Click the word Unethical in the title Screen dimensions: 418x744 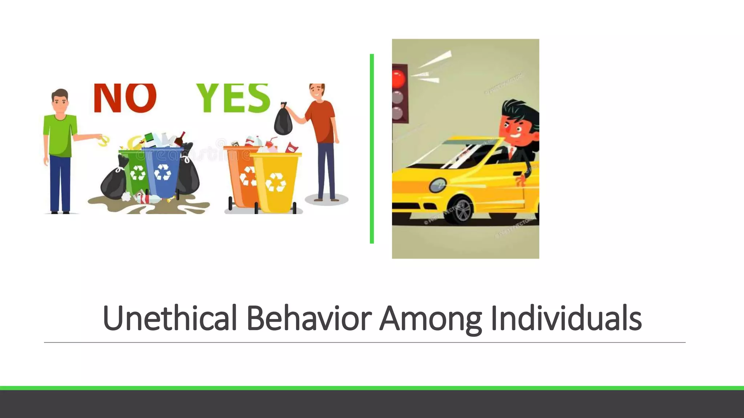[x=170, y=318]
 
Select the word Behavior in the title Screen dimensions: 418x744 [x=308, y=318]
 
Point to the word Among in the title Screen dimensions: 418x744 [x=430, y=318]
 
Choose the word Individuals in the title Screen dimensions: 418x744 [x=566, y=318]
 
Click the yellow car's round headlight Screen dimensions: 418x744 [x=438, y=185]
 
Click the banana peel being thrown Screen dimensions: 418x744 [x=104, y=141]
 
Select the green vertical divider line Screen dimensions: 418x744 [x=372, y=149]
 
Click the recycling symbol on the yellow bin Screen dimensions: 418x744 [x=276, y=183]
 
